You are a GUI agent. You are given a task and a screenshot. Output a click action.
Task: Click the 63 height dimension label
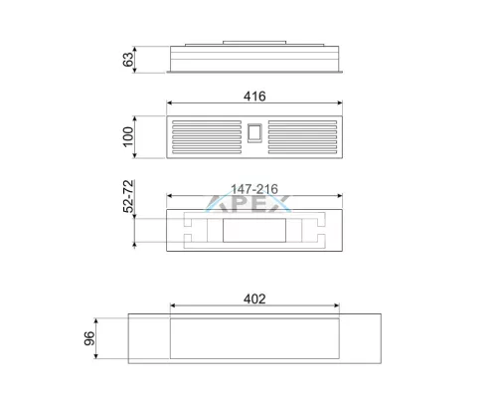(128, 59)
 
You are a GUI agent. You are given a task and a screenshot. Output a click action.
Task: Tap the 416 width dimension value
(254, 97)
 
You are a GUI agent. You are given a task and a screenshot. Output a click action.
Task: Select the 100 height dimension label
(128, 136)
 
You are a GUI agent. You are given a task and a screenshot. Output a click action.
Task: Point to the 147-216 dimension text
(254, 189)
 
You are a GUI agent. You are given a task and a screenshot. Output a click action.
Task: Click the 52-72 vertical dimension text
(128, 196)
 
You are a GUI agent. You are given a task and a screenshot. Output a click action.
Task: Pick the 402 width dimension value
(254, 298)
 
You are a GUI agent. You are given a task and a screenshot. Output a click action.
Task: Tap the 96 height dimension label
(89, 338)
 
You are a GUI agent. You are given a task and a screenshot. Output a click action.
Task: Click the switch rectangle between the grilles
(254, 133)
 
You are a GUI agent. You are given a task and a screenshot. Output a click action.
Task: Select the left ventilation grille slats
(207, 137)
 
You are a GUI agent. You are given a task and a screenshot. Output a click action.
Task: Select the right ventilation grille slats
(302, 137)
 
